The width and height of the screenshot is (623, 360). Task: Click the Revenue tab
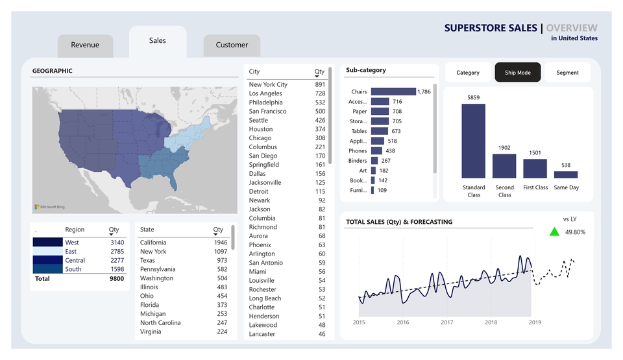point(85,45)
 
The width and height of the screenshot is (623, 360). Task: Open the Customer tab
point(232,45)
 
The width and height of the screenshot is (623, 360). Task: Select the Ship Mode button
point(518,73)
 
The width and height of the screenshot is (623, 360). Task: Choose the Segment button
point(567,73)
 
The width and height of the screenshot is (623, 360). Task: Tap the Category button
point(468,73)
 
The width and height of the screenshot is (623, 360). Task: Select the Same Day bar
point(566,174)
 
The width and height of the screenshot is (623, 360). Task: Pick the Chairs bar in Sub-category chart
point(393,92)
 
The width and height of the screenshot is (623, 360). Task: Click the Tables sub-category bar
point(378,131)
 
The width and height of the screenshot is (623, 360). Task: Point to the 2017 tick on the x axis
point(447,322)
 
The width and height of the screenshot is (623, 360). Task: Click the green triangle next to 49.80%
point(554,232)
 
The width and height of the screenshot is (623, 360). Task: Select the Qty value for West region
point(117,243)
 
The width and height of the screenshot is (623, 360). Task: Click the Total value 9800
point(116,278)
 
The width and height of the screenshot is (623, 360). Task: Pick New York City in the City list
point(268,85)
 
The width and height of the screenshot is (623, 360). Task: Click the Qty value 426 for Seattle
point(320,120)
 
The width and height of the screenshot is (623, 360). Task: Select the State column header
point(147,230)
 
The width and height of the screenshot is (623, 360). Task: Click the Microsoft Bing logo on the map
point(50,207)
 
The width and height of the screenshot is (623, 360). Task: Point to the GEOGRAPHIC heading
point(53,71)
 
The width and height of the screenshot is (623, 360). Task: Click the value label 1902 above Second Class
point(504,148)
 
